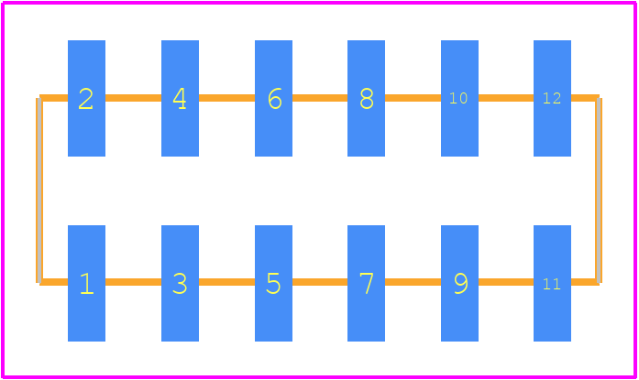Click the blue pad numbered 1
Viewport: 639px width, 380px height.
[x=86, y=283]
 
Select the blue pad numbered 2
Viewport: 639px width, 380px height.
[x=86, y=98]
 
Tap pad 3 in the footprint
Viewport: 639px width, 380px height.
[x=180, y=283]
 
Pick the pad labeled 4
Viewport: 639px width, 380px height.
[x=180, y=98]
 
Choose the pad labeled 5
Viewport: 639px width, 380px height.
[x=273, y=283]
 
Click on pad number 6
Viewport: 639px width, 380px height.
[x=273, y=98]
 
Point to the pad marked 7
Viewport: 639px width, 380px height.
[x=366, y=283]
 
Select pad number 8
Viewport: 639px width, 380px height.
[x=366, y=98]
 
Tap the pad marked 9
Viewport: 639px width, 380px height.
[x=459, y=283]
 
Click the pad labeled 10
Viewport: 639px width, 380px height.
[x=459, y=98]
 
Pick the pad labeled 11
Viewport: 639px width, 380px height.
[x=552, y=283]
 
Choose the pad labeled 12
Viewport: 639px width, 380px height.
[x=552, y=98]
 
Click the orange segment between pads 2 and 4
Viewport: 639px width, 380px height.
[x=133, y=98]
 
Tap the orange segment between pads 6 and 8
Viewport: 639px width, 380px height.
[x=320, y=98]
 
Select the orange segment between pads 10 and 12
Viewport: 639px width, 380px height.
[x=506, y=98]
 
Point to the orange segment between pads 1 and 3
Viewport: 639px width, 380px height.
[x=133, y=282]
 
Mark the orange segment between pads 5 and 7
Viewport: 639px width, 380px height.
[x=320, y=282]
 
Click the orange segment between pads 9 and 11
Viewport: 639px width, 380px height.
[x=506, y=282]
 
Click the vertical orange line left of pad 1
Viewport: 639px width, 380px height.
[x=39, y=190]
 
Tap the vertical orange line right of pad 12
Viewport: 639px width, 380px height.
[x=599, y=190]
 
